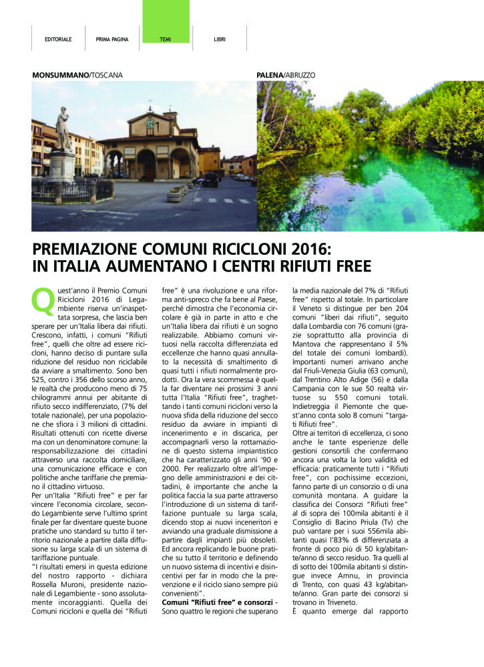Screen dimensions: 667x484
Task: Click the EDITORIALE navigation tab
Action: (x=58, y=39)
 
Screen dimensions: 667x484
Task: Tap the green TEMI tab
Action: (x=166, y=39)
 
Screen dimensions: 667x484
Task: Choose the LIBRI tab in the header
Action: (x=220, y=39)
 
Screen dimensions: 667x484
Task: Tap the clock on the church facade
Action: (x=150, y=123)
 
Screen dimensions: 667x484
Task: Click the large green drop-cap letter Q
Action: (x=42, y=301)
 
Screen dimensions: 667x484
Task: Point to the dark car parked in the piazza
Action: (x=210, y=180)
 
